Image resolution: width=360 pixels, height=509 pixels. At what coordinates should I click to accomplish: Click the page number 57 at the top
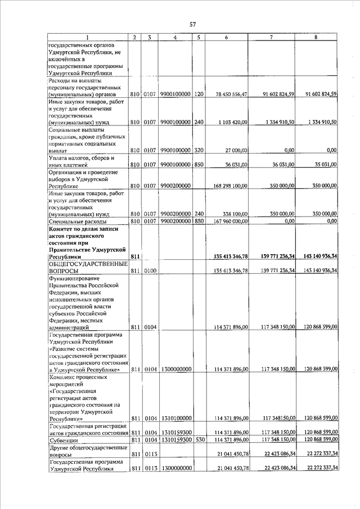click(x=192, y=24)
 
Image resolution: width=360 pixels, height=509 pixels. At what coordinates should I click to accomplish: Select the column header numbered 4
click(x=175, y=37)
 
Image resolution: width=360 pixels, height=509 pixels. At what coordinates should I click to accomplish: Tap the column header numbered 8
click(x=316, y=37)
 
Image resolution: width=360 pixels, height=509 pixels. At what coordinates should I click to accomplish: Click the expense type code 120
click(x=199, y=94)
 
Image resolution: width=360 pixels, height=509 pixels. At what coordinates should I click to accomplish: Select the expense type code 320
click(x=199, y=151)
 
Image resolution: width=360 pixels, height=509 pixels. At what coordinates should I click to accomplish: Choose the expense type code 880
click(x=199, y=222)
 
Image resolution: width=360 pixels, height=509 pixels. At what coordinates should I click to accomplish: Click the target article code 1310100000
click(x=175, y=418)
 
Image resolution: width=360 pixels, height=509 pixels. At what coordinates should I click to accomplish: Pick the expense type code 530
click(x=199, y=439)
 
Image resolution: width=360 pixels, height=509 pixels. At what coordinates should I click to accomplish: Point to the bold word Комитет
click(x=64, y=228)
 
